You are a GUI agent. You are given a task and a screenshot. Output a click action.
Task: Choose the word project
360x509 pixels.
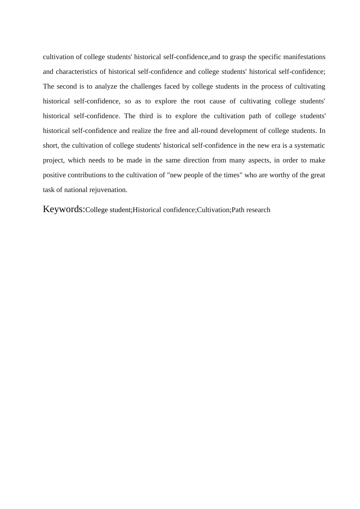[x=53, y=160]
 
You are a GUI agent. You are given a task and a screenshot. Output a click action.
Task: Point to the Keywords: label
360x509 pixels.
[x=64, y=209]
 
